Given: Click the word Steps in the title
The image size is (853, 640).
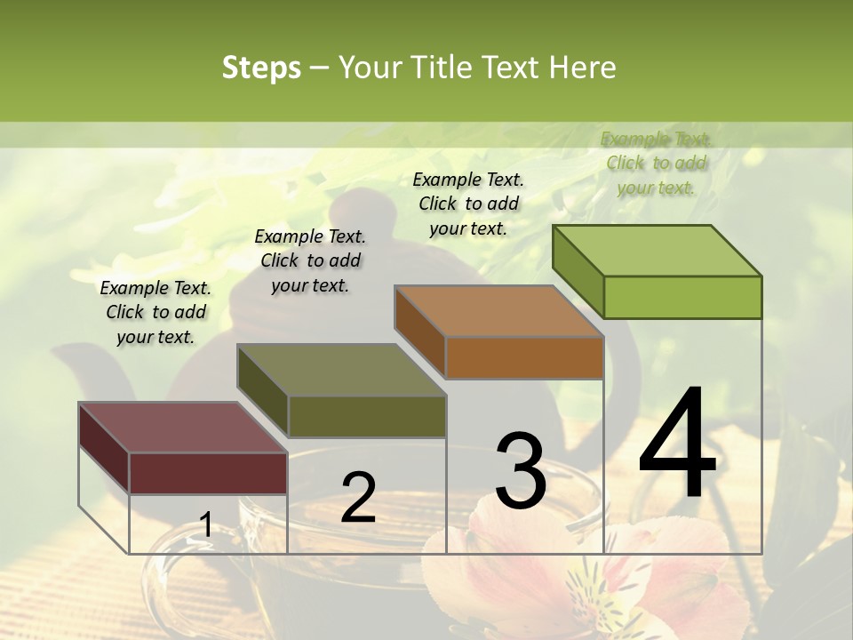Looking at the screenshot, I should point(261,68).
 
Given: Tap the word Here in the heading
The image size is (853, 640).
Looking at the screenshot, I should point(582,68).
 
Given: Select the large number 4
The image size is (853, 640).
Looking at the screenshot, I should point(677,444).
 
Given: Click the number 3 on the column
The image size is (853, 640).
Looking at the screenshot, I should point(521,470).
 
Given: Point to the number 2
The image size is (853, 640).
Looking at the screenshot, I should point(358,498).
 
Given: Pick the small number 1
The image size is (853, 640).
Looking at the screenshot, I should point(206,524).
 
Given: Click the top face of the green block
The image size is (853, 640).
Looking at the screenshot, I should point(658,250).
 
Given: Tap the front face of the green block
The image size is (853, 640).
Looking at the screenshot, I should point(682,297).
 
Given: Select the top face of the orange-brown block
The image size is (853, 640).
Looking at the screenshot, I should point(499,311).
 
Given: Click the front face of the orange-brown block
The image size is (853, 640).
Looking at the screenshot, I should point(524,357).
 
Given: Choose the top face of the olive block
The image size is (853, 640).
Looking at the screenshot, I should point(341,370).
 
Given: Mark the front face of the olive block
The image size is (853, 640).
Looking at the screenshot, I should point(367,416).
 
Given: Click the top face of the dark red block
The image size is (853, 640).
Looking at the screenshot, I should point(183,428).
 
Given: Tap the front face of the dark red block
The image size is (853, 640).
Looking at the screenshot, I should point(208,473).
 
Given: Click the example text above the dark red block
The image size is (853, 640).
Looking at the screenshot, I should point(155,312).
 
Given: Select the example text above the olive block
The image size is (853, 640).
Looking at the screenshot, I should point(310,260).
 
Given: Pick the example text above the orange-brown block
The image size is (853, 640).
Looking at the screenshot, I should point(468,204).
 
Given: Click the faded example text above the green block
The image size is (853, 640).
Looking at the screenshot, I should point(656,163).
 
